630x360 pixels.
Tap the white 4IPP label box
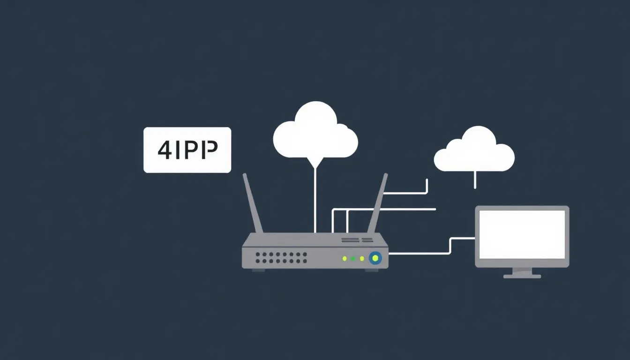[187, 150]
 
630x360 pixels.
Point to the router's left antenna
[252, 203]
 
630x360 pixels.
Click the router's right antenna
[378, 203]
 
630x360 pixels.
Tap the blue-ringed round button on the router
[375, 257]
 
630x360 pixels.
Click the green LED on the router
[353, 258]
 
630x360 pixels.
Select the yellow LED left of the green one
[345, 258]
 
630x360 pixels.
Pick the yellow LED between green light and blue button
[362, 258]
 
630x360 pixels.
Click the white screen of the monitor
[522, 234]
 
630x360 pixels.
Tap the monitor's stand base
[522, 276]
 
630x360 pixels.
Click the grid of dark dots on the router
[281, 257]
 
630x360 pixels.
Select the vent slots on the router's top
[358, 240]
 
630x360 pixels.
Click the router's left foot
[258, 270]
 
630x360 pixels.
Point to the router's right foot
[372, 270]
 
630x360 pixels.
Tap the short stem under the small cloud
[475, 179]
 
